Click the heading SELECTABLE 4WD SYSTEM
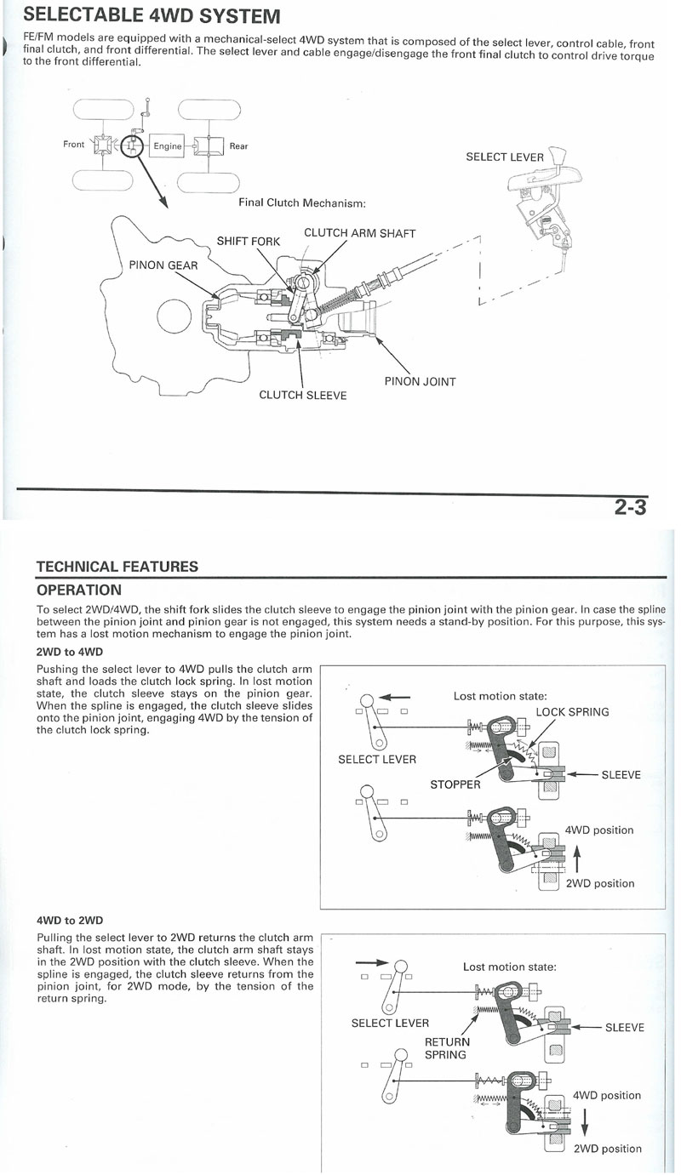tap(152, 16)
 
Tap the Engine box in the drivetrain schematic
tap(168, 145)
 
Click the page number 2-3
tap(630, 509)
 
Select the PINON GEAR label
tap(163, 265)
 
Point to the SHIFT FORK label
tap(249, 241)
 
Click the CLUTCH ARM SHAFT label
tap(359, 232)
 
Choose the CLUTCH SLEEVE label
tap(302, 396)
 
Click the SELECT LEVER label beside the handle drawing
tap(504, 157)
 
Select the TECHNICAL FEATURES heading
tap(117, 567)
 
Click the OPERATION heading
tap(79, 590)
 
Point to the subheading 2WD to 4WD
tap(70, 652)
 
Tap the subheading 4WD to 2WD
tap(70, 920)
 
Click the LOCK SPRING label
tap(572, 712)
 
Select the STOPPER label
tap(455, 784)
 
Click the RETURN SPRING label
tap(445, 1048)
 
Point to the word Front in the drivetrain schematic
tap(74, 145)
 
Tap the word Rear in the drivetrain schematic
tap(238, 146)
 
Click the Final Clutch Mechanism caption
tap(302, 202)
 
